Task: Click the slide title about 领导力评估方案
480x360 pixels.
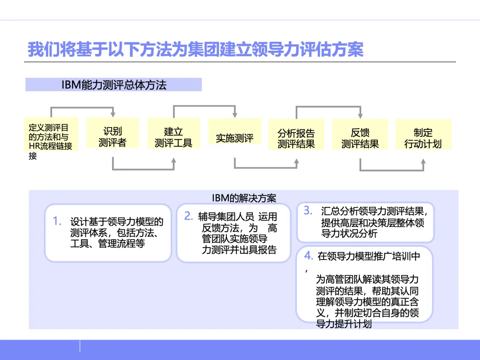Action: click(196, 49)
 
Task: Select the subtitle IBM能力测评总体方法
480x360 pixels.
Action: click(114, 85)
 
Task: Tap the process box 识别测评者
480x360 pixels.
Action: click(112, 137)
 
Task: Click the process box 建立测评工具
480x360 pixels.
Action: click(173, 137)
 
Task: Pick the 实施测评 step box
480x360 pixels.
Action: click(235, 138)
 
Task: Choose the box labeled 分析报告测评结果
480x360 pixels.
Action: click(296, 138)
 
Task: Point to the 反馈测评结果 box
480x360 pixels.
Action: click(360, 138)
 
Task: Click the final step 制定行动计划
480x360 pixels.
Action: click(423, 138)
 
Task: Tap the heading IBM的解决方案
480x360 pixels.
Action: click(244, 197)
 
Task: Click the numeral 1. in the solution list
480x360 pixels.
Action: click(57, 221)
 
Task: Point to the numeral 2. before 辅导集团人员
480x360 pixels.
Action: click(188, 216)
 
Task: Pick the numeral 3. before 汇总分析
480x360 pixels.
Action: click(308, 211)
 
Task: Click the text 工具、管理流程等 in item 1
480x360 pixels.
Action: click(108, 244)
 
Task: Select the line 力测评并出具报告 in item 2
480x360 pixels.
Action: click(239, 250)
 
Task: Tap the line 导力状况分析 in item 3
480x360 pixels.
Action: click(349, 234)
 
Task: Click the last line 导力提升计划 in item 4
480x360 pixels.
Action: click(344, 324)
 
